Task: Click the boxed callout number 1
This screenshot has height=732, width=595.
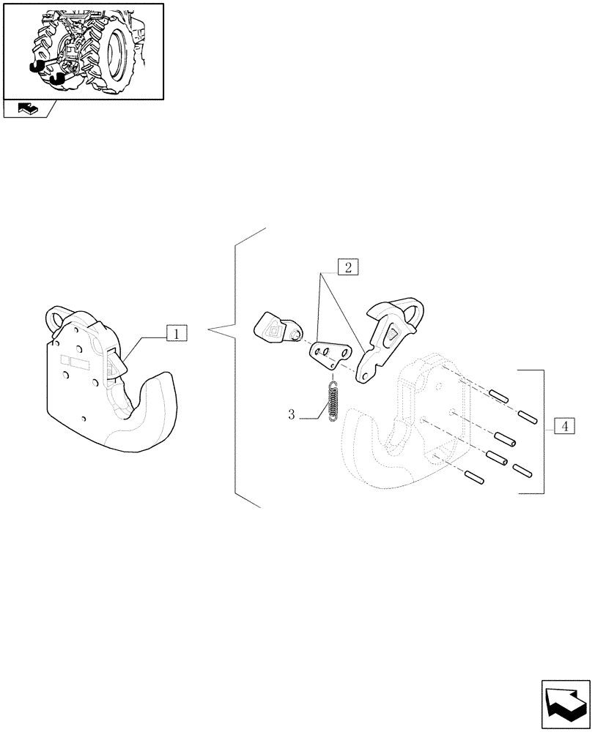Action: [x=176, y=334]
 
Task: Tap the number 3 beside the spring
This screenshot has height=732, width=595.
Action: [x=291, y=415]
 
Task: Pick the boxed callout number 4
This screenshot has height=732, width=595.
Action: [x=563, y=425]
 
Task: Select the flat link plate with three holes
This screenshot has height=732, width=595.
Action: [x=327, y=356]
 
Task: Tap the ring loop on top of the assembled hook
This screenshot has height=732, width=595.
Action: [x=59, y=318]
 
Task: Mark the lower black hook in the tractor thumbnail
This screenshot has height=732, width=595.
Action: [x=57, y=79]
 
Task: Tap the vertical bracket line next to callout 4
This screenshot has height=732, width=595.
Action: [x=542, y=432]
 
